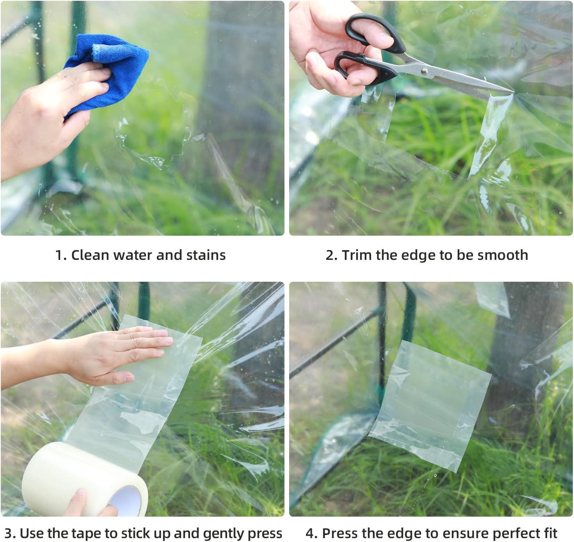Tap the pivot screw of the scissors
[x=424, y=71]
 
